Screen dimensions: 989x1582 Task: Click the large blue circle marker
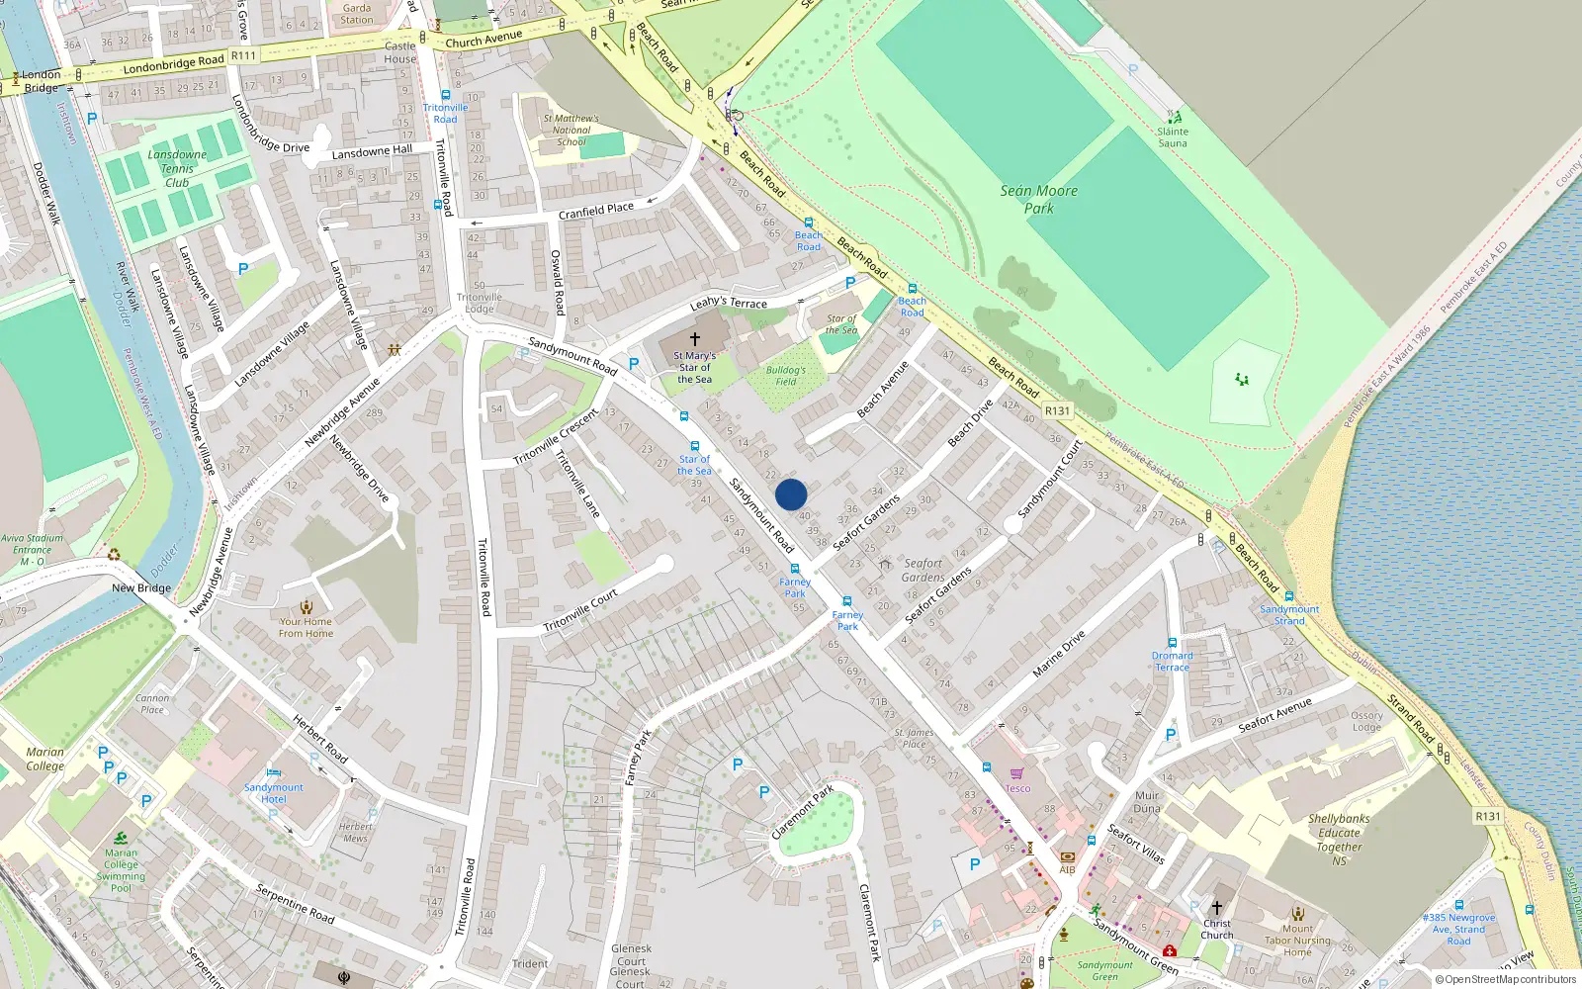click(x=791, y=494)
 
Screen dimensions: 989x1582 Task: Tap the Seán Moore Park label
click(x=1038, y=199)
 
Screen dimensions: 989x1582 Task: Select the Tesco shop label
click(x=1017, y=788)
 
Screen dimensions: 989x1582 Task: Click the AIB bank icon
click(x=1067, y=857)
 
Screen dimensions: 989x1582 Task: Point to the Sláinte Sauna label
click(x=1173, y=137)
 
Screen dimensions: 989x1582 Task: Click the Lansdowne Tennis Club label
click(x=177, y=168)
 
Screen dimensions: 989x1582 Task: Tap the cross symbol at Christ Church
click(x=1217, y=907)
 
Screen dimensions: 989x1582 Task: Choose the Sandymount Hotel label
click(x=274, y=793)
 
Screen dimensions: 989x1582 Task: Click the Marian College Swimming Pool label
click(x=121, y=870)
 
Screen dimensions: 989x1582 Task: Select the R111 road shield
click(x=243, y=56)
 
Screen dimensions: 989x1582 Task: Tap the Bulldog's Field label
click(x=785, y=376)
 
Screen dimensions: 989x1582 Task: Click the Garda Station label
click(x=357, y=14)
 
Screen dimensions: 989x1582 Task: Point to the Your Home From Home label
click(x=306, y=627)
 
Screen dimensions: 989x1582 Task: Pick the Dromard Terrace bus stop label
click(x=1173, y=661)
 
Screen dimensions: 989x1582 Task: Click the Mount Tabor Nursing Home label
click(x=1298, y=941)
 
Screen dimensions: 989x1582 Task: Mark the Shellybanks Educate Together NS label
click(x=1339, y=840)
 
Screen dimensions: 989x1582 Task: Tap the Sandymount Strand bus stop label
click(x=1289, y=615)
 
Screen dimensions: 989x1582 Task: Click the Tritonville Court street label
click(x=580, y=610)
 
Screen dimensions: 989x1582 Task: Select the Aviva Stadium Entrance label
click(x=32, y=550)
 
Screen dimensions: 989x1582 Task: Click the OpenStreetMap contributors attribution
click(x=1506, y=979)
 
